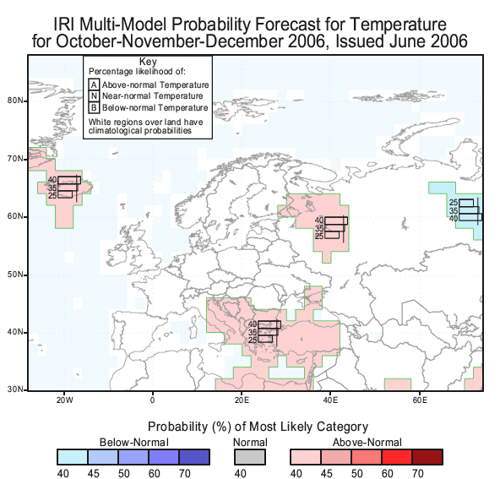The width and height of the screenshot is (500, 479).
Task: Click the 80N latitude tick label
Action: point(15,101)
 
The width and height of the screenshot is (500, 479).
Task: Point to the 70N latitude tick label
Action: point(15,159)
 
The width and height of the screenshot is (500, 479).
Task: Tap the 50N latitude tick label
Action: point(15,275)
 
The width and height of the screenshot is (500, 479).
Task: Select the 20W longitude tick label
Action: point(65,400)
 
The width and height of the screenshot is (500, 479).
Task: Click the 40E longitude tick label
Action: point(330,400)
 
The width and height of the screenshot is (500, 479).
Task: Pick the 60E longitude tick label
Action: point(420,400)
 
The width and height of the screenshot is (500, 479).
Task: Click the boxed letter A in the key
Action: point(94,84)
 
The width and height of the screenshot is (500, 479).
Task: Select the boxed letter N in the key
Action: point(94,96)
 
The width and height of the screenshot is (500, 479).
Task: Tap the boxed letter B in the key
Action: point(94,107)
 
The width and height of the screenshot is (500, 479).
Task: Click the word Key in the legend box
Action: point(148,62)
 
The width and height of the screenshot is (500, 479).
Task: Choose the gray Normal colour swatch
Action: point(250,457)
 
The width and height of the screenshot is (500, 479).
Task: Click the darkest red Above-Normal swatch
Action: point(427,457)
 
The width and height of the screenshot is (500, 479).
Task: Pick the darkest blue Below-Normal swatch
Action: point(194,457)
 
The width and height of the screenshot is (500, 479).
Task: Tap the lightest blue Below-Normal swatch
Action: point(73,457)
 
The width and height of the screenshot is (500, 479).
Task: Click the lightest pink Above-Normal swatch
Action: point(305,457)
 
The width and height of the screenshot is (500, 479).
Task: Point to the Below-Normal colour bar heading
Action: point(134,443)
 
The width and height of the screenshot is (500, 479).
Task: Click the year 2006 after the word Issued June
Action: point(449,41)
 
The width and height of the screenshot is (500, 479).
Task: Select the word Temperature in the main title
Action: point(398,24)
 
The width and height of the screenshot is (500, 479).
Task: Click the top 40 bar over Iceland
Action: point(69,180)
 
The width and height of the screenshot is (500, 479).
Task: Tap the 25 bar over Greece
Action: point(265,339)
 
